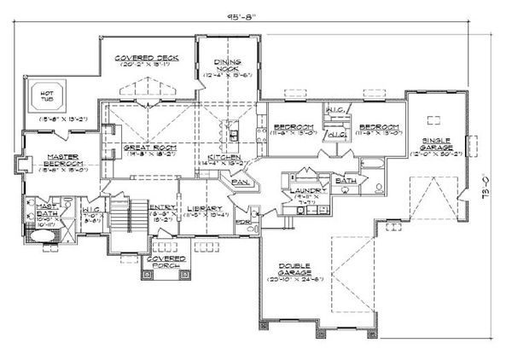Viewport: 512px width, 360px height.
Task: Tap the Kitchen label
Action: coord(224,158)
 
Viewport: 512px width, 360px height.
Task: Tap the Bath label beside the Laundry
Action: coord(345,181)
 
